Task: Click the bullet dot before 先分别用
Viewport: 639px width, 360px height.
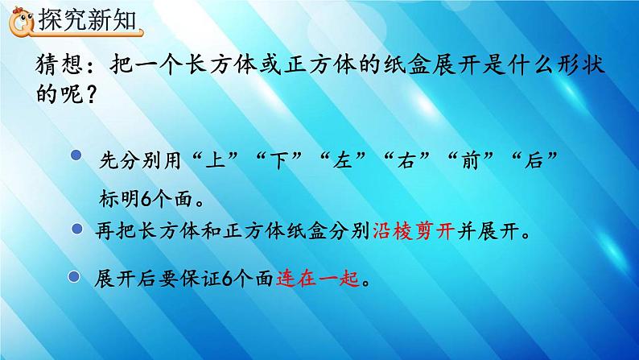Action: (x=77, y=156)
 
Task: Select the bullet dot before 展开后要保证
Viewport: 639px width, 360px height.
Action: (x=75, y=277)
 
